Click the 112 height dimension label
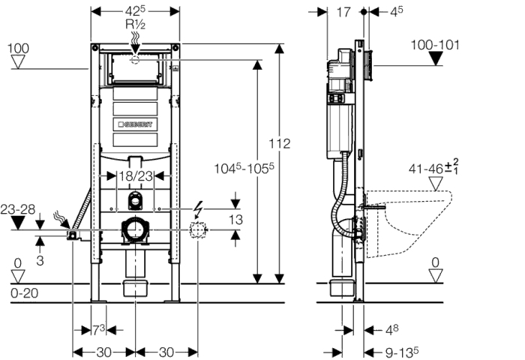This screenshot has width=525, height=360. point(280,144)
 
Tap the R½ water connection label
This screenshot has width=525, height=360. point(135,25)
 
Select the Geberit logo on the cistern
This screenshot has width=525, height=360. point(135,124)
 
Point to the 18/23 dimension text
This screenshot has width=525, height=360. point(136,175)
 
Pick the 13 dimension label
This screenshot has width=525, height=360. point(235,220)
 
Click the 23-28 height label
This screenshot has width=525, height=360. point(18,210)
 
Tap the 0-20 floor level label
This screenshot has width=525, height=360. point(25,293)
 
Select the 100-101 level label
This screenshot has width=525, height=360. point(435,45)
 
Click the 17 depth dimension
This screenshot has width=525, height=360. point(343,13)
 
